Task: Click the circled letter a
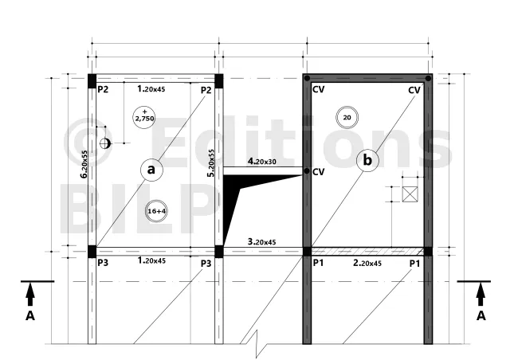click(151, 170)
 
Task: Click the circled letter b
click(367, 160)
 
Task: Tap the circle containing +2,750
click(144, 117)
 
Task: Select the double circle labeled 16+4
click(156, 211)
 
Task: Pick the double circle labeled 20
click(347, 117)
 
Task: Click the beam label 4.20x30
click(262, 162)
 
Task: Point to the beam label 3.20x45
click(262, 241)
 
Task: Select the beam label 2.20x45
click(367, 263)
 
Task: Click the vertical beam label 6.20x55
click(84, 164)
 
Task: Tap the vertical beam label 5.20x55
click(211, 163)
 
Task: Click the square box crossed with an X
click(410, 194)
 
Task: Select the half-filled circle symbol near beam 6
click(105, 143)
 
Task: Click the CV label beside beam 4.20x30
click(318, 172)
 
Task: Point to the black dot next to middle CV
click(307, 171)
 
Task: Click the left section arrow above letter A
click(30, 294)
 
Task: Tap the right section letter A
click(481, 315)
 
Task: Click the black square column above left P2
click(92, 81)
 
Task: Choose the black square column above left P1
click(307, 252)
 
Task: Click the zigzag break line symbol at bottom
click(257, 344)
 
